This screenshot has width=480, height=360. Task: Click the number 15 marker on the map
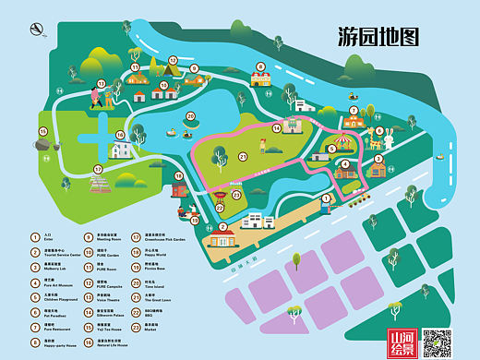point(42,132)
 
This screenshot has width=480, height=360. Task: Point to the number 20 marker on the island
point(190,115)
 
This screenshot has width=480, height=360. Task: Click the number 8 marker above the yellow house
point(261,66)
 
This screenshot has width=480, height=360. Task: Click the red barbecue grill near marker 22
point(221,196)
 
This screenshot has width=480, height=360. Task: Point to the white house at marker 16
point(123,149)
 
